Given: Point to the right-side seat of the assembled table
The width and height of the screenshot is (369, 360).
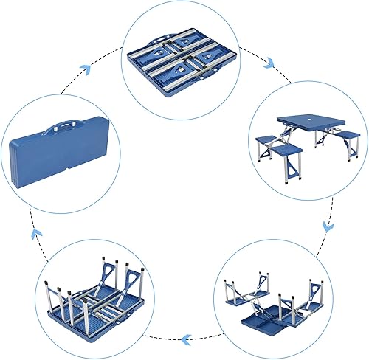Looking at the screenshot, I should [345, 135].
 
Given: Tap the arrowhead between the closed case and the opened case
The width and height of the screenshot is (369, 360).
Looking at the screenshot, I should [86, 68].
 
